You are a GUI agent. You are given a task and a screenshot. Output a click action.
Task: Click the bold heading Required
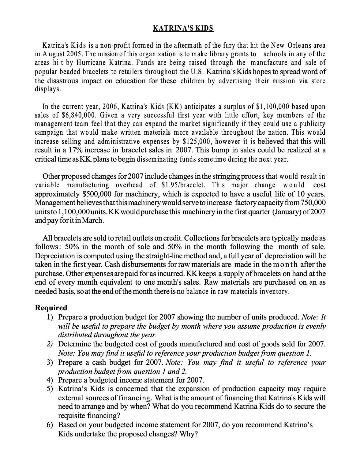[x=51, y=308]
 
